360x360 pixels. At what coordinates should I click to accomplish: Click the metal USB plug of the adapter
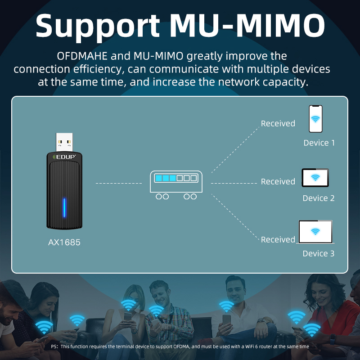click(x=64, y=142)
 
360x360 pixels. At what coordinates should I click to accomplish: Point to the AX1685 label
click(x=64, y=243)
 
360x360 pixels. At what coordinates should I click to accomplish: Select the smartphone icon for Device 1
click(x=315, y=119)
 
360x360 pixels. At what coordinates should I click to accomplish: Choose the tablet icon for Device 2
click(x=315, y=178)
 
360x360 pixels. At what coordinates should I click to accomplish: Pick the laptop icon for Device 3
click(x=315, y=232)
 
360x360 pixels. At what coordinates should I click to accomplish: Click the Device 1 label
click(x=319, y=143)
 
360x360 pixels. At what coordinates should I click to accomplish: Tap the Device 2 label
click(x=319, y=198)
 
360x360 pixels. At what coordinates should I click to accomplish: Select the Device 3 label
click(x=319, y=254)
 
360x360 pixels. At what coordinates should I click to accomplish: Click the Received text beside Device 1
click(x=278, y=123)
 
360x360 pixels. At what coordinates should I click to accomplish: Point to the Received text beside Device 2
click(x=278, y=182)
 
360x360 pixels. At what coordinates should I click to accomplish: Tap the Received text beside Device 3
click(x=278, y=240)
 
